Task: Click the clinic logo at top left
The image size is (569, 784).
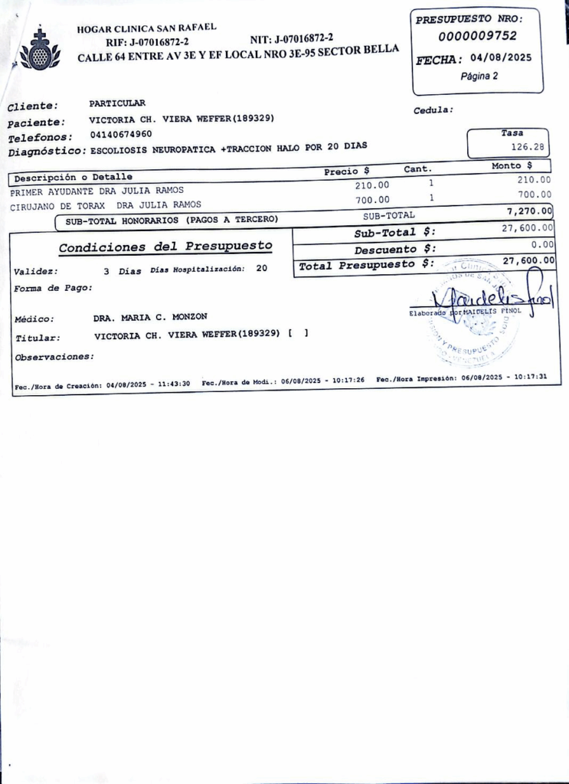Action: click(x=38, y=49)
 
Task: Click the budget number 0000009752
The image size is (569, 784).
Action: click(x=477, y=36)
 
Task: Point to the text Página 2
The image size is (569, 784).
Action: click(x=479, y=77)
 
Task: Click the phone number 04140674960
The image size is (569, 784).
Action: click(x=120, y=135)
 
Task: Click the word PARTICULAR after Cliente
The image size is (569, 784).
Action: click(x=117, y=103)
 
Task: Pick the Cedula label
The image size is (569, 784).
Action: click(x=433, y=110)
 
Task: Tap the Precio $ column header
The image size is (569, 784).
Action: click(x=346, y=171)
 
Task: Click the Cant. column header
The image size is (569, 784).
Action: click(x=417, y=168)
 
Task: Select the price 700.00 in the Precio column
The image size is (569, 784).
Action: click(x=372, y=200)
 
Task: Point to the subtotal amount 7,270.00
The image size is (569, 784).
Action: click(x=529, y=211)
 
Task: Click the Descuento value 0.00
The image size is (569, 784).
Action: click(x=541, y=244)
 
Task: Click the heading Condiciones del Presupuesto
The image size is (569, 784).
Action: click(x=165, y=247)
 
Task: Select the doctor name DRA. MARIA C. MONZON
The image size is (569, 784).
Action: click(x=150, y=317)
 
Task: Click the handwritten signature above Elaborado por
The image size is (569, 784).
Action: click(x=491, y=292)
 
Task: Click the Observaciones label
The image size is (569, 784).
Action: click(x=54, y=357)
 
